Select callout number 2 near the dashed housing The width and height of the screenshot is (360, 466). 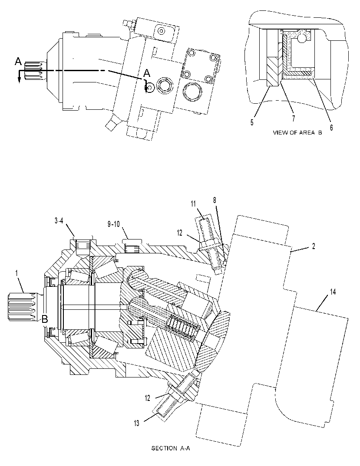click(x=313, y=246)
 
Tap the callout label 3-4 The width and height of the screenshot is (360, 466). click(x=59, y=221)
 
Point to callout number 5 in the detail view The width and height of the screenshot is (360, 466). click(x=252, y=123)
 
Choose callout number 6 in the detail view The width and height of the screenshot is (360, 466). click(x=331, y=128)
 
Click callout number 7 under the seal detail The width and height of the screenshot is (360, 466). click(x=294, y=118)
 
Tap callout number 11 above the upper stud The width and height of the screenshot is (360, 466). click(x=194, y=203)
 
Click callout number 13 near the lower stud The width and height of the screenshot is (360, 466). click(x=136, y=423)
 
